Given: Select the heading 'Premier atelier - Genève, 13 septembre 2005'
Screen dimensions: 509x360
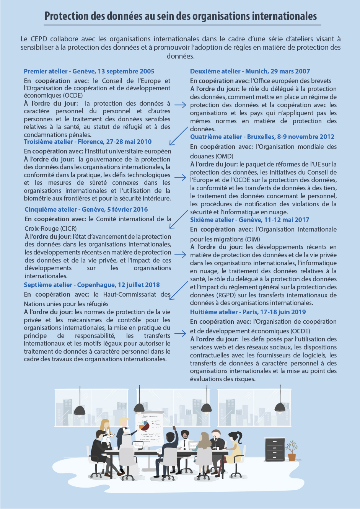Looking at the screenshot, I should pos(89,71).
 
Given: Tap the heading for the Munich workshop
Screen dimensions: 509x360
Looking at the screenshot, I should pos(250,71).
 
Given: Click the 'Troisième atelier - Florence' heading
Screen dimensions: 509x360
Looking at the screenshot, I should pos(88,142).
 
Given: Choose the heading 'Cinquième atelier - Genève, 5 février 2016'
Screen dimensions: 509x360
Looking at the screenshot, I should pos(86,209).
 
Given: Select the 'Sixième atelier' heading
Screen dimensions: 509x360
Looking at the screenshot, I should pos(249,220).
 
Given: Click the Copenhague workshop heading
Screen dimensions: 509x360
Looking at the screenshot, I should pos(92,285).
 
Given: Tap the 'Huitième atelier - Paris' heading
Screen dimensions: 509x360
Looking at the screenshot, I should pos(248,312).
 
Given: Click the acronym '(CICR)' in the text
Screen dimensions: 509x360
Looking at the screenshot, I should pos(69,228).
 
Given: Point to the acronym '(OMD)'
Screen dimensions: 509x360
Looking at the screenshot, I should pos(225,156).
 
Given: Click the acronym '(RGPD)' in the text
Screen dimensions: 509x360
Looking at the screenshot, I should pos(216,295).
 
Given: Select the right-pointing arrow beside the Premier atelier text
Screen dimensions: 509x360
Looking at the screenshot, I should pos(180,104).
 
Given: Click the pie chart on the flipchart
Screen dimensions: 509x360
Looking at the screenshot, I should pos(144,425).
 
